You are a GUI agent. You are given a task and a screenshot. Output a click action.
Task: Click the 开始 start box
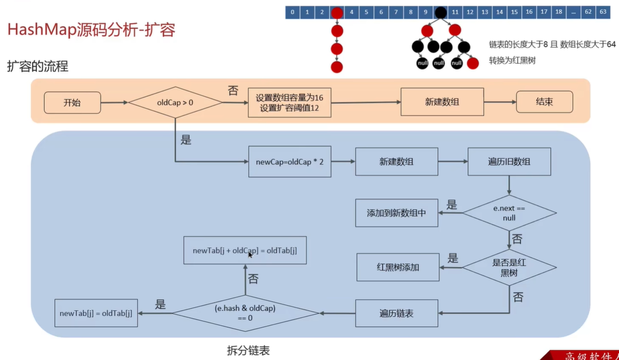click(x=72, y=103)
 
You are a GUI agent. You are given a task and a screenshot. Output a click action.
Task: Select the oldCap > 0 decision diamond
click(x=175, y=103)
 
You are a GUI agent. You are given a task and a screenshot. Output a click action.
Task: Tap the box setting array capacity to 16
click(x=289, y=103)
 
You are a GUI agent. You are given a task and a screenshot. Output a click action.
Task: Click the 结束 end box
click(x=544, y=102)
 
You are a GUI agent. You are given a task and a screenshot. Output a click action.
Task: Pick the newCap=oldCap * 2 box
click(x=289, y=162)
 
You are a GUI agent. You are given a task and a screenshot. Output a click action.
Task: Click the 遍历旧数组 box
click(x=509, y=162)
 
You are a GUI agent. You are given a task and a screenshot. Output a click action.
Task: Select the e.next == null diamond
click(x=509, y=213)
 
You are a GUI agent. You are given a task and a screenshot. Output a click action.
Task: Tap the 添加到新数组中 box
click(x=396, y=213)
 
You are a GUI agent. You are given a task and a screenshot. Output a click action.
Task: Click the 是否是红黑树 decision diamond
click(x=509, y=267)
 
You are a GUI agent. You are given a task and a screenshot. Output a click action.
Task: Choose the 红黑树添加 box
click(x=398, y=267)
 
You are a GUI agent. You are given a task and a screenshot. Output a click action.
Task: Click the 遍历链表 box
click(x=396, y=313)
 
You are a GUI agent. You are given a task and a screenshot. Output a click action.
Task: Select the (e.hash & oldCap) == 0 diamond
click(x=245, y=313)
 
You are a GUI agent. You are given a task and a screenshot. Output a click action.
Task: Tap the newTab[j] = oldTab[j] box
click(x=96, y=313)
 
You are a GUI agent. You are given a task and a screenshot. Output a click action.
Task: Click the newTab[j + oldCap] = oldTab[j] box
click(x=245, y=250)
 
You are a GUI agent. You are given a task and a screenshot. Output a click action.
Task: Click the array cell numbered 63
click(x=603, y=12)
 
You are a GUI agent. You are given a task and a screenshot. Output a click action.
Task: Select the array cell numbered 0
click(x=292, y=12)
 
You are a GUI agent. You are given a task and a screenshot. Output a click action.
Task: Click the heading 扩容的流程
click(x=37, y=67)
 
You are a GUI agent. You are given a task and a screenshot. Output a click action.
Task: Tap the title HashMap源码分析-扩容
click(x=91, y=30)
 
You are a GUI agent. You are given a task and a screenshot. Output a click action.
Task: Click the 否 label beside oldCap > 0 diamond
click(x=233, y=91)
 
